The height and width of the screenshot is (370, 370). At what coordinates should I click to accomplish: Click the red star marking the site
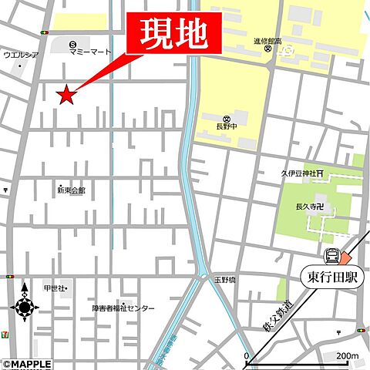pos(67,95)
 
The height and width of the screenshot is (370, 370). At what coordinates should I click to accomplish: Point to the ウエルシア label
pos(21,55)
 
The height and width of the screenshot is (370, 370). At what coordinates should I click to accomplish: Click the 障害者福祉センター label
pos(123,308)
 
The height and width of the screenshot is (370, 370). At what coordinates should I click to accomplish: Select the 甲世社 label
pos(54,288)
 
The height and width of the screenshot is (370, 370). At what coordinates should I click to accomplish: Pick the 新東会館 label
pos(71,190)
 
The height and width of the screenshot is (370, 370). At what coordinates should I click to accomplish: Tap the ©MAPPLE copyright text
pos(27,364)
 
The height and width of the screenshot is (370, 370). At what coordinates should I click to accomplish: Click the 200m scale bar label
pos(347,355)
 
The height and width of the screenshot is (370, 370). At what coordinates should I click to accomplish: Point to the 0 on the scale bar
pos(247,355)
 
